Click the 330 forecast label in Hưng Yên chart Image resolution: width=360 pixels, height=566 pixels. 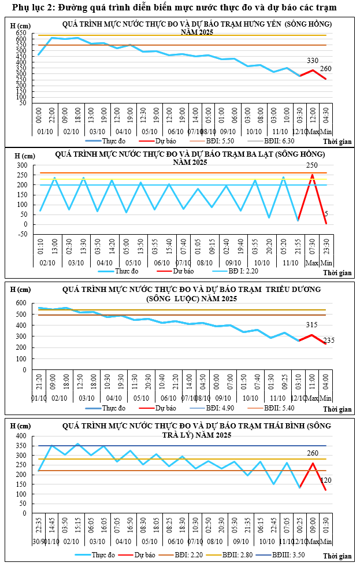pyautogui.click(x=313, y=61)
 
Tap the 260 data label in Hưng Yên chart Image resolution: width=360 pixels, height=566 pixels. pyautogui.click(x=325, y=69)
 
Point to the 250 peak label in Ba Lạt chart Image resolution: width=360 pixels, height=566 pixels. pyautogui.click(x=312, y=165)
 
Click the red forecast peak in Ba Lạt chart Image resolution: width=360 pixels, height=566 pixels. pyautogui.click(x=312, y=175)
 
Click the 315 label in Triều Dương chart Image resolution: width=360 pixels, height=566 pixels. pyautogui.click(x=312, y=325)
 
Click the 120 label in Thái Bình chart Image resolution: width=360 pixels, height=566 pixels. pyautogui.click(x=325, y=480)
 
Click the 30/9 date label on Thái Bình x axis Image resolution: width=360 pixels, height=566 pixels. pyautogui.click(x=39, y=541)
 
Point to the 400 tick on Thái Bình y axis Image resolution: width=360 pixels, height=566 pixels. pyautogui.click(x=21, y=436)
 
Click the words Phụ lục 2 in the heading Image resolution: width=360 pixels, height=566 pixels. pyautogui.click(x=28, y=7)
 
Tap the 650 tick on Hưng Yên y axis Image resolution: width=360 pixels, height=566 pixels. pyautogui.click(x=21, y=33)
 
